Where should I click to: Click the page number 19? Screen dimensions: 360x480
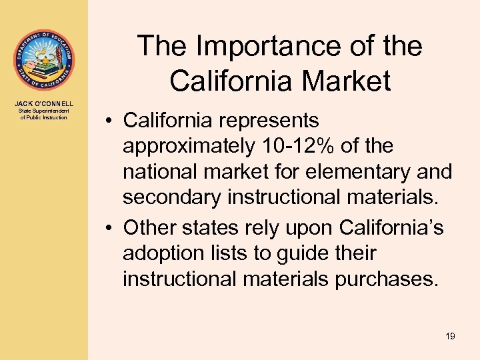(x=450, y=337)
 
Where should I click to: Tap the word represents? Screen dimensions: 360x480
(x=273, y=121)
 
